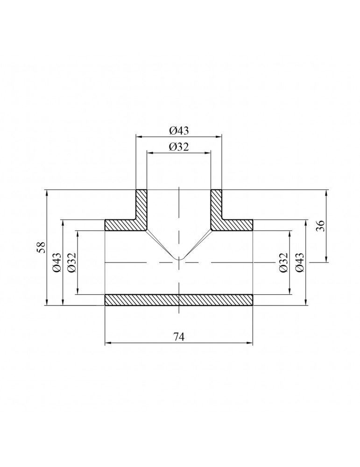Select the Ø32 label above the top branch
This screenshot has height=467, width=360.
pyautogui.click(x=179, y=147)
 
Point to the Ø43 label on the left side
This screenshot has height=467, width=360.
pyautogui.click(x=56, y=262)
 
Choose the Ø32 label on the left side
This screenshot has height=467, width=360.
pyautogui.click(x=71, y=262)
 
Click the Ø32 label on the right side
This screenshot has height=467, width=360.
pyautogui.click(x=283, y=262)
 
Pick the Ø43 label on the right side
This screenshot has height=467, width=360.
pyautogui.click(x=299, y=262)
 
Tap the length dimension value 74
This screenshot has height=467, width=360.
pyautogui.click(x=179, y=337)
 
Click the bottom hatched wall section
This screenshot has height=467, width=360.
pyautogui.click(x=179, y=300)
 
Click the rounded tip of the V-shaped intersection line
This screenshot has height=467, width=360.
pyautogui.click(x=179, y=259)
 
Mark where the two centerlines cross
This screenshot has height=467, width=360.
pyautogui.click(x=179, y=262)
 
